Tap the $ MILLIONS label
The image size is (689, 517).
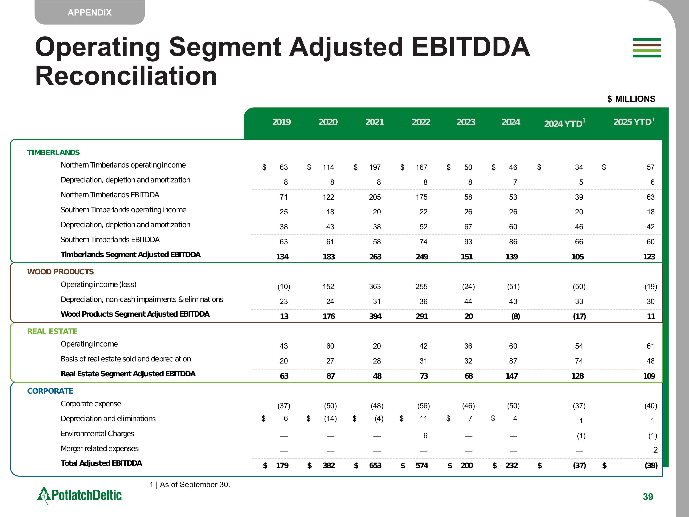[631, 99]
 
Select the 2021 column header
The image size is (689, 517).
[374, 122]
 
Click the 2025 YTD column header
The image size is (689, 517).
[634, 122]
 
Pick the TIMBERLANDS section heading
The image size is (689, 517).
[53, 152]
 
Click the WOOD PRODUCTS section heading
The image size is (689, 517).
[60, 272]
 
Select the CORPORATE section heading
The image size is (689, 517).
[50, 391]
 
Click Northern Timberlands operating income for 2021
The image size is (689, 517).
[375, 167]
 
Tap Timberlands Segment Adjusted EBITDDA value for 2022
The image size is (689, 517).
[422, 257]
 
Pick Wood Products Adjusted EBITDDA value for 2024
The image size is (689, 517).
[516, 316]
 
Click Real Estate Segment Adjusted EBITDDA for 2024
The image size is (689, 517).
[511, 376]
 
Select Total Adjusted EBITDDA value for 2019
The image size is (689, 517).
[282, 466]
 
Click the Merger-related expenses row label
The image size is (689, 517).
[99, 449]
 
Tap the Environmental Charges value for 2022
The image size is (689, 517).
[425, 436]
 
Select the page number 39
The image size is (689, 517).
[648, 497]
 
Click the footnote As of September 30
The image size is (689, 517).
[190, 485]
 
